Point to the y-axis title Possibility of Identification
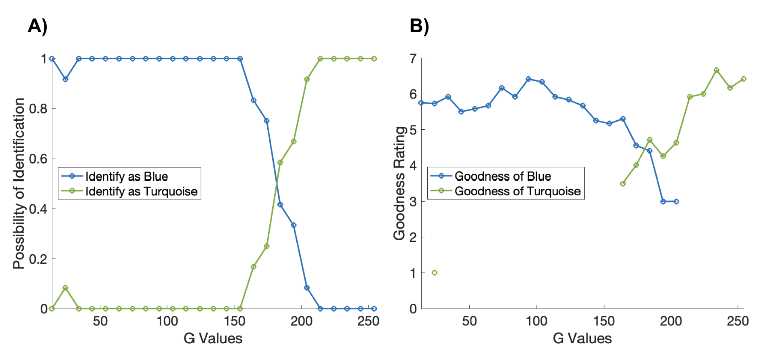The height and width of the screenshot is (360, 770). tap(19, 183)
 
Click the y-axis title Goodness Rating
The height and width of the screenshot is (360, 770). tap(400, 183)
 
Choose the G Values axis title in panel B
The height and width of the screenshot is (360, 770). tap(582, 339)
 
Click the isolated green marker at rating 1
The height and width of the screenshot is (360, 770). tap(434, 273)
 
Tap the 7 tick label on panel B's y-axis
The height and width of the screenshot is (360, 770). tap(411, 58)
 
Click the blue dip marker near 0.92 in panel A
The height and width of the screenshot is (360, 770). tap(65, 79)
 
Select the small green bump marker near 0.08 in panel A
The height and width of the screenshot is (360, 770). tap(65, 288)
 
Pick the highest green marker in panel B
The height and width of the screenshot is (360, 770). tap(716, 70)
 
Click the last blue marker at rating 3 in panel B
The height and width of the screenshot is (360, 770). tap(676, 201)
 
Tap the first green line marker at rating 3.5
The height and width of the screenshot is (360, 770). tap(623, 184)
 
